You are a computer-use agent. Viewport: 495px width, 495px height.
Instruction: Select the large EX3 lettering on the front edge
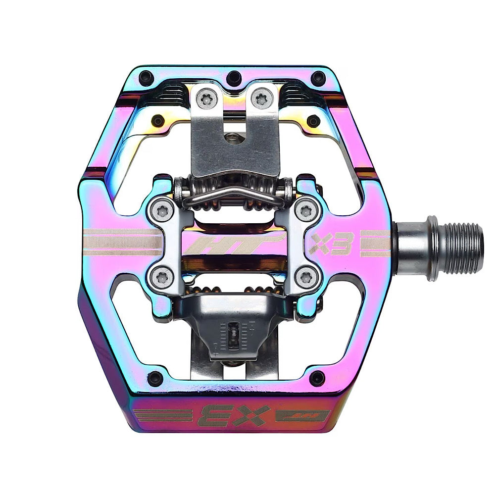coord(234,416)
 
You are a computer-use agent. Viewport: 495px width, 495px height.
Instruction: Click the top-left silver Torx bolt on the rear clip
coord(207,99)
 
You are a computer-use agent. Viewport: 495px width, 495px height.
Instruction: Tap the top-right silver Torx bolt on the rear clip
coord(262,98)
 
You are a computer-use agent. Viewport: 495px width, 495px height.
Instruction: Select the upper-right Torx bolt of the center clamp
coord(306,210)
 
